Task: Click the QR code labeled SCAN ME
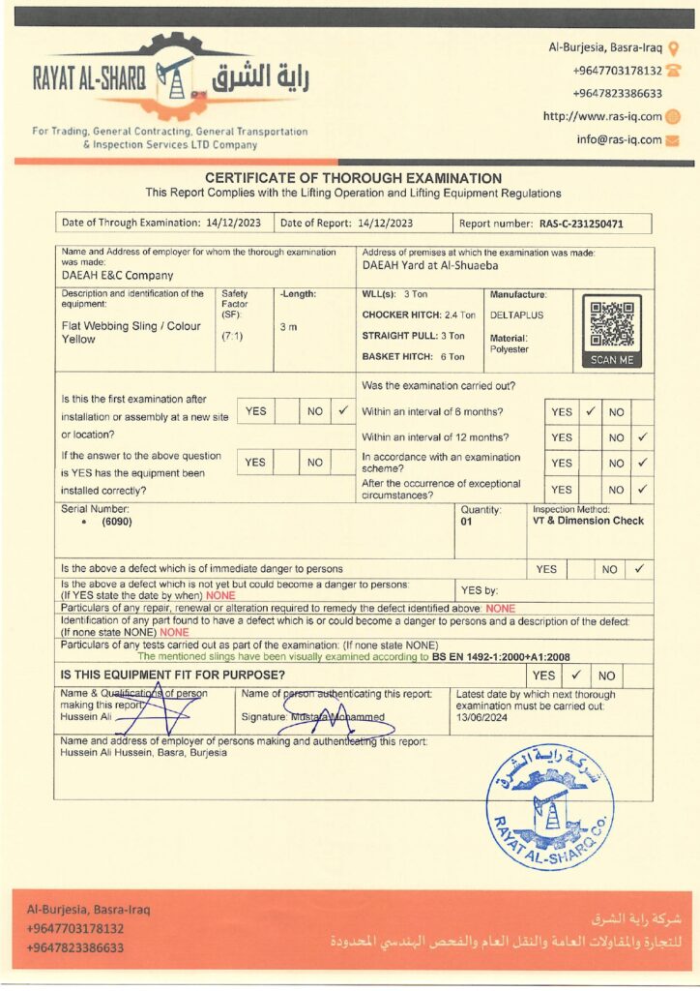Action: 612,329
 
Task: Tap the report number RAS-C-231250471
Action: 595,224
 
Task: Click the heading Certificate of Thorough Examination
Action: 353,178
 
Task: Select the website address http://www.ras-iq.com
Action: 602,116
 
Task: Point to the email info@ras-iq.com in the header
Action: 619,139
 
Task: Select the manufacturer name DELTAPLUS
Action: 512,315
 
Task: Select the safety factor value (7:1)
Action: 232,336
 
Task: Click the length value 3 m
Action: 288,327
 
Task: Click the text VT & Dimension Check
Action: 588,521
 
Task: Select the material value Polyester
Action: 509,348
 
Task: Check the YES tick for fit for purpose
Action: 575,676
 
